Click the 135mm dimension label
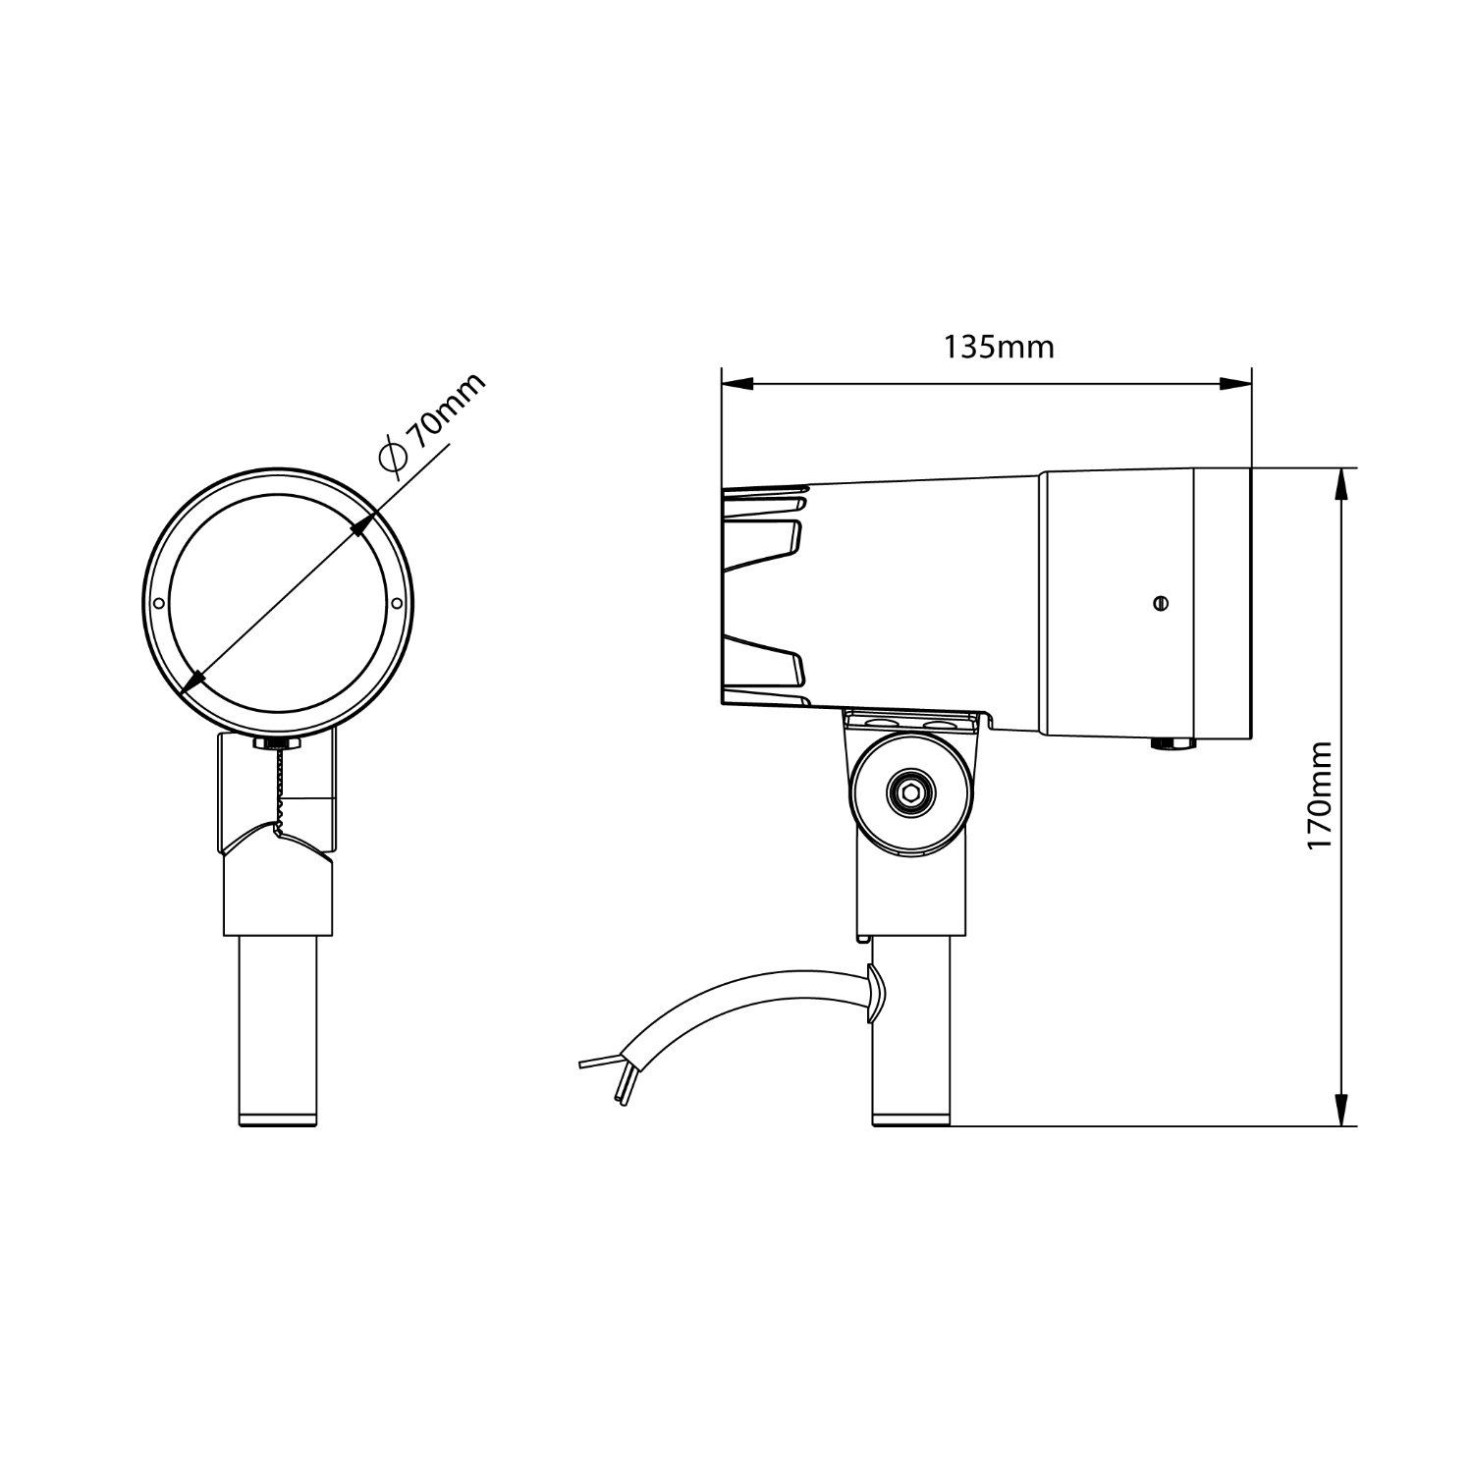click(x=999, y=347)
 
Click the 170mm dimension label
click(x=1319, y=796)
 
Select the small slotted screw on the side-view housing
click(x=1161, y=603)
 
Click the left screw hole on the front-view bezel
click(x=158, y=603)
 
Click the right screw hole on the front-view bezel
click(x=397, y=603)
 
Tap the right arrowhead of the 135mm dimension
click(x=1236, y=384)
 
